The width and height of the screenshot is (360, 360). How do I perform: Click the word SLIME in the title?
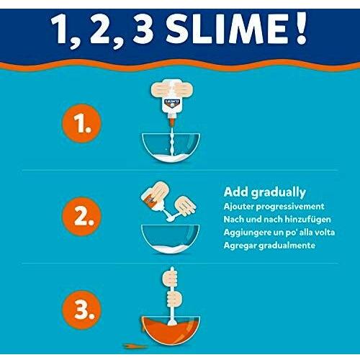pyautogui.click(x=227, y=28)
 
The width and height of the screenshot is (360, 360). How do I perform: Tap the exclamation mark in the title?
pyautogui.click(x=301, y=28)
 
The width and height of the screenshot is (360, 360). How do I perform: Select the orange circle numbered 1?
pyautogui.click(x=81, y=123)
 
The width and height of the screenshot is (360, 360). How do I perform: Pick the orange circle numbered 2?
pyautogui.click(x=81, y=217)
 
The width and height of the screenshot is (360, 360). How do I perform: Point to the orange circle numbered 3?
pyautogui.click(x=81, y=310)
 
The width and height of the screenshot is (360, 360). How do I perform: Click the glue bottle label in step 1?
pyautogui.click(x=172, y=103)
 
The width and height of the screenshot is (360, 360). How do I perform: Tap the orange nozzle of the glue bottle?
pyautogui.click(x=171, y=122)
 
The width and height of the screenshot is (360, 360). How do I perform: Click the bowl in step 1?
pyautogui.click(x=171, y=148)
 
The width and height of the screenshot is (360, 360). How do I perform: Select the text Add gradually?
pyautogui.click(x=264, y=192)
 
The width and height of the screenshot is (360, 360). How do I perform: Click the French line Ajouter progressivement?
pyautogui.click(x=274, y=207)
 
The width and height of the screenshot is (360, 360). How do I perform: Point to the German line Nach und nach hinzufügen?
pyautogui.click(x=277, y=220)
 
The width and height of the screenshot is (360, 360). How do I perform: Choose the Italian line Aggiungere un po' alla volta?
pyautogui.click(x=279, y=233)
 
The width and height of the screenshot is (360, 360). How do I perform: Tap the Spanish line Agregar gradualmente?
pyautogui.click(x=269, y=246)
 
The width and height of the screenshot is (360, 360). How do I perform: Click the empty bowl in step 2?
pyautogui.click(x=171, y=239)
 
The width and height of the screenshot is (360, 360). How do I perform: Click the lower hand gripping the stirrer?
pyautogui.click(x=174, y=299)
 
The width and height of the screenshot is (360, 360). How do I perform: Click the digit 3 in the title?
pyautogui.click(x=143, y=29)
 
